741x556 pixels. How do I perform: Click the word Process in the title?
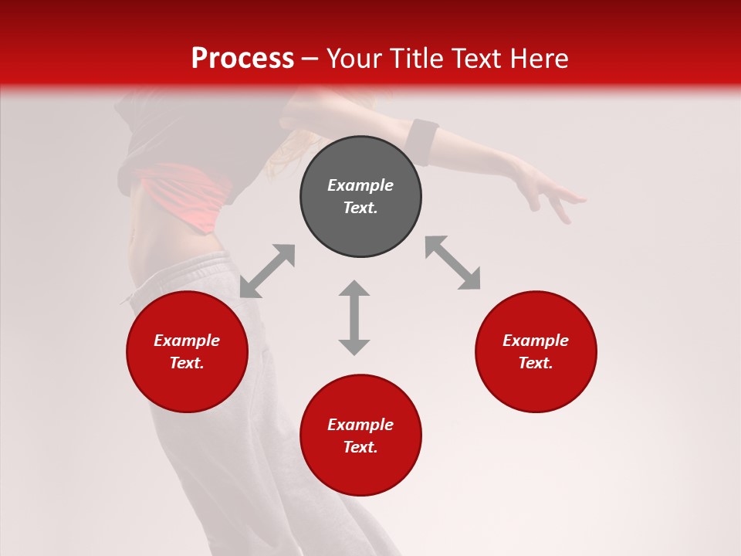(x=242, y=59)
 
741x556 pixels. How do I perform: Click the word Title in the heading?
(x=415, y=59)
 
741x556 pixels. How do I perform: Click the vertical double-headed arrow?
(x=354, y=317)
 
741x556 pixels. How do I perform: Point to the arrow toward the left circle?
(x=267, y=271)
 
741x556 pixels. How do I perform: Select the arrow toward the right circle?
(x=452, y=263)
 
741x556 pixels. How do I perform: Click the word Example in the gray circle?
(x=360, y=185)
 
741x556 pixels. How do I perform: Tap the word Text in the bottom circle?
(x=360, y=447)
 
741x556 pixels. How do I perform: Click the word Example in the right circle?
(x=536, y=341)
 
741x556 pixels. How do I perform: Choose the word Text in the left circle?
(x=186, y=363)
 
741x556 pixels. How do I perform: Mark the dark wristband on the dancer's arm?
(x=422, y=141)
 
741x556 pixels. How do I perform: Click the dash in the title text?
(x=310, y=59)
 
